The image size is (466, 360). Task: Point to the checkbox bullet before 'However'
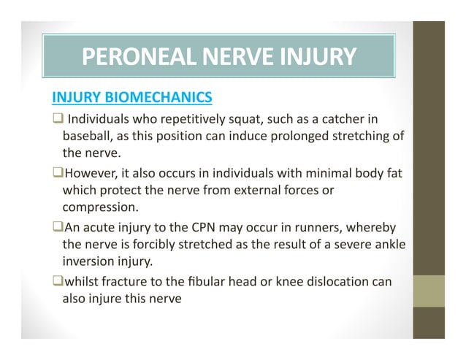click(56, 173)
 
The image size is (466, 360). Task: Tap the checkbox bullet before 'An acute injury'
click(56, 226)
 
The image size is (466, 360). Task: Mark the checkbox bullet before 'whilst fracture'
click(56, 280)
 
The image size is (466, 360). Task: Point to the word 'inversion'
click(88, 261)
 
